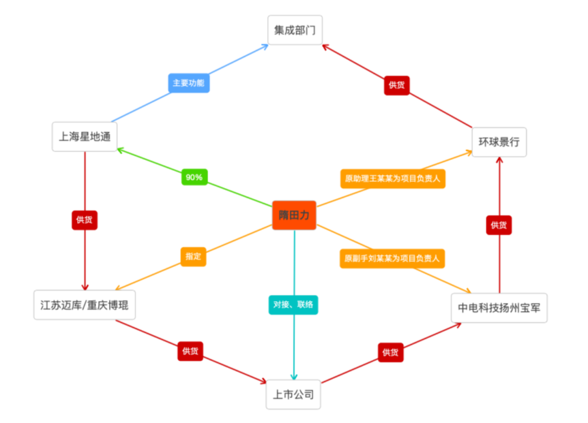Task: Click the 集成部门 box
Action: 295,30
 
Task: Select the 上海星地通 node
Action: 85,137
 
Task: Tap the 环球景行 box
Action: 499,142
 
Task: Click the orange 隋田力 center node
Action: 294,216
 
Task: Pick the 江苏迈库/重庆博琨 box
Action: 85,305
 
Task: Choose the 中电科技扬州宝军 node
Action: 499,308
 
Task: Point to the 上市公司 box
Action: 293,394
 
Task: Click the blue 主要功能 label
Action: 188,83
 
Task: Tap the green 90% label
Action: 194,177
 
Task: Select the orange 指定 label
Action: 193,257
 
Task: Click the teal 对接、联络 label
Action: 293,305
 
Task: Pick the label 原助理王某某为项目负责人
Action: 392,179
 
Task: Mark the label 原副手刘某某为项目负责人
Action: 392,258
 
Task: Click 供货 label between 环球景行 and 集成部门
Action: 397,85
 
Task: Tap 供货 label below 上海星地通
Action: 85,220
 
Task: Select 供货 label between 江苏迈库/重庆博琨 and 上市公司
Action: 190,351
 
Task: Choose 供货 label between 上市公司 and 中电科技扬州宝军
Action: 390,352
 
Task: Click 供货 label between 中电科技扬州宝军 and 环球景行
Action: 499,225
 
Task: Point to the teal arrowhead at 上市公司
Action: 294,377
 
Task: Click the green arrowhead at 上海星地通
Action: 119,149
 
